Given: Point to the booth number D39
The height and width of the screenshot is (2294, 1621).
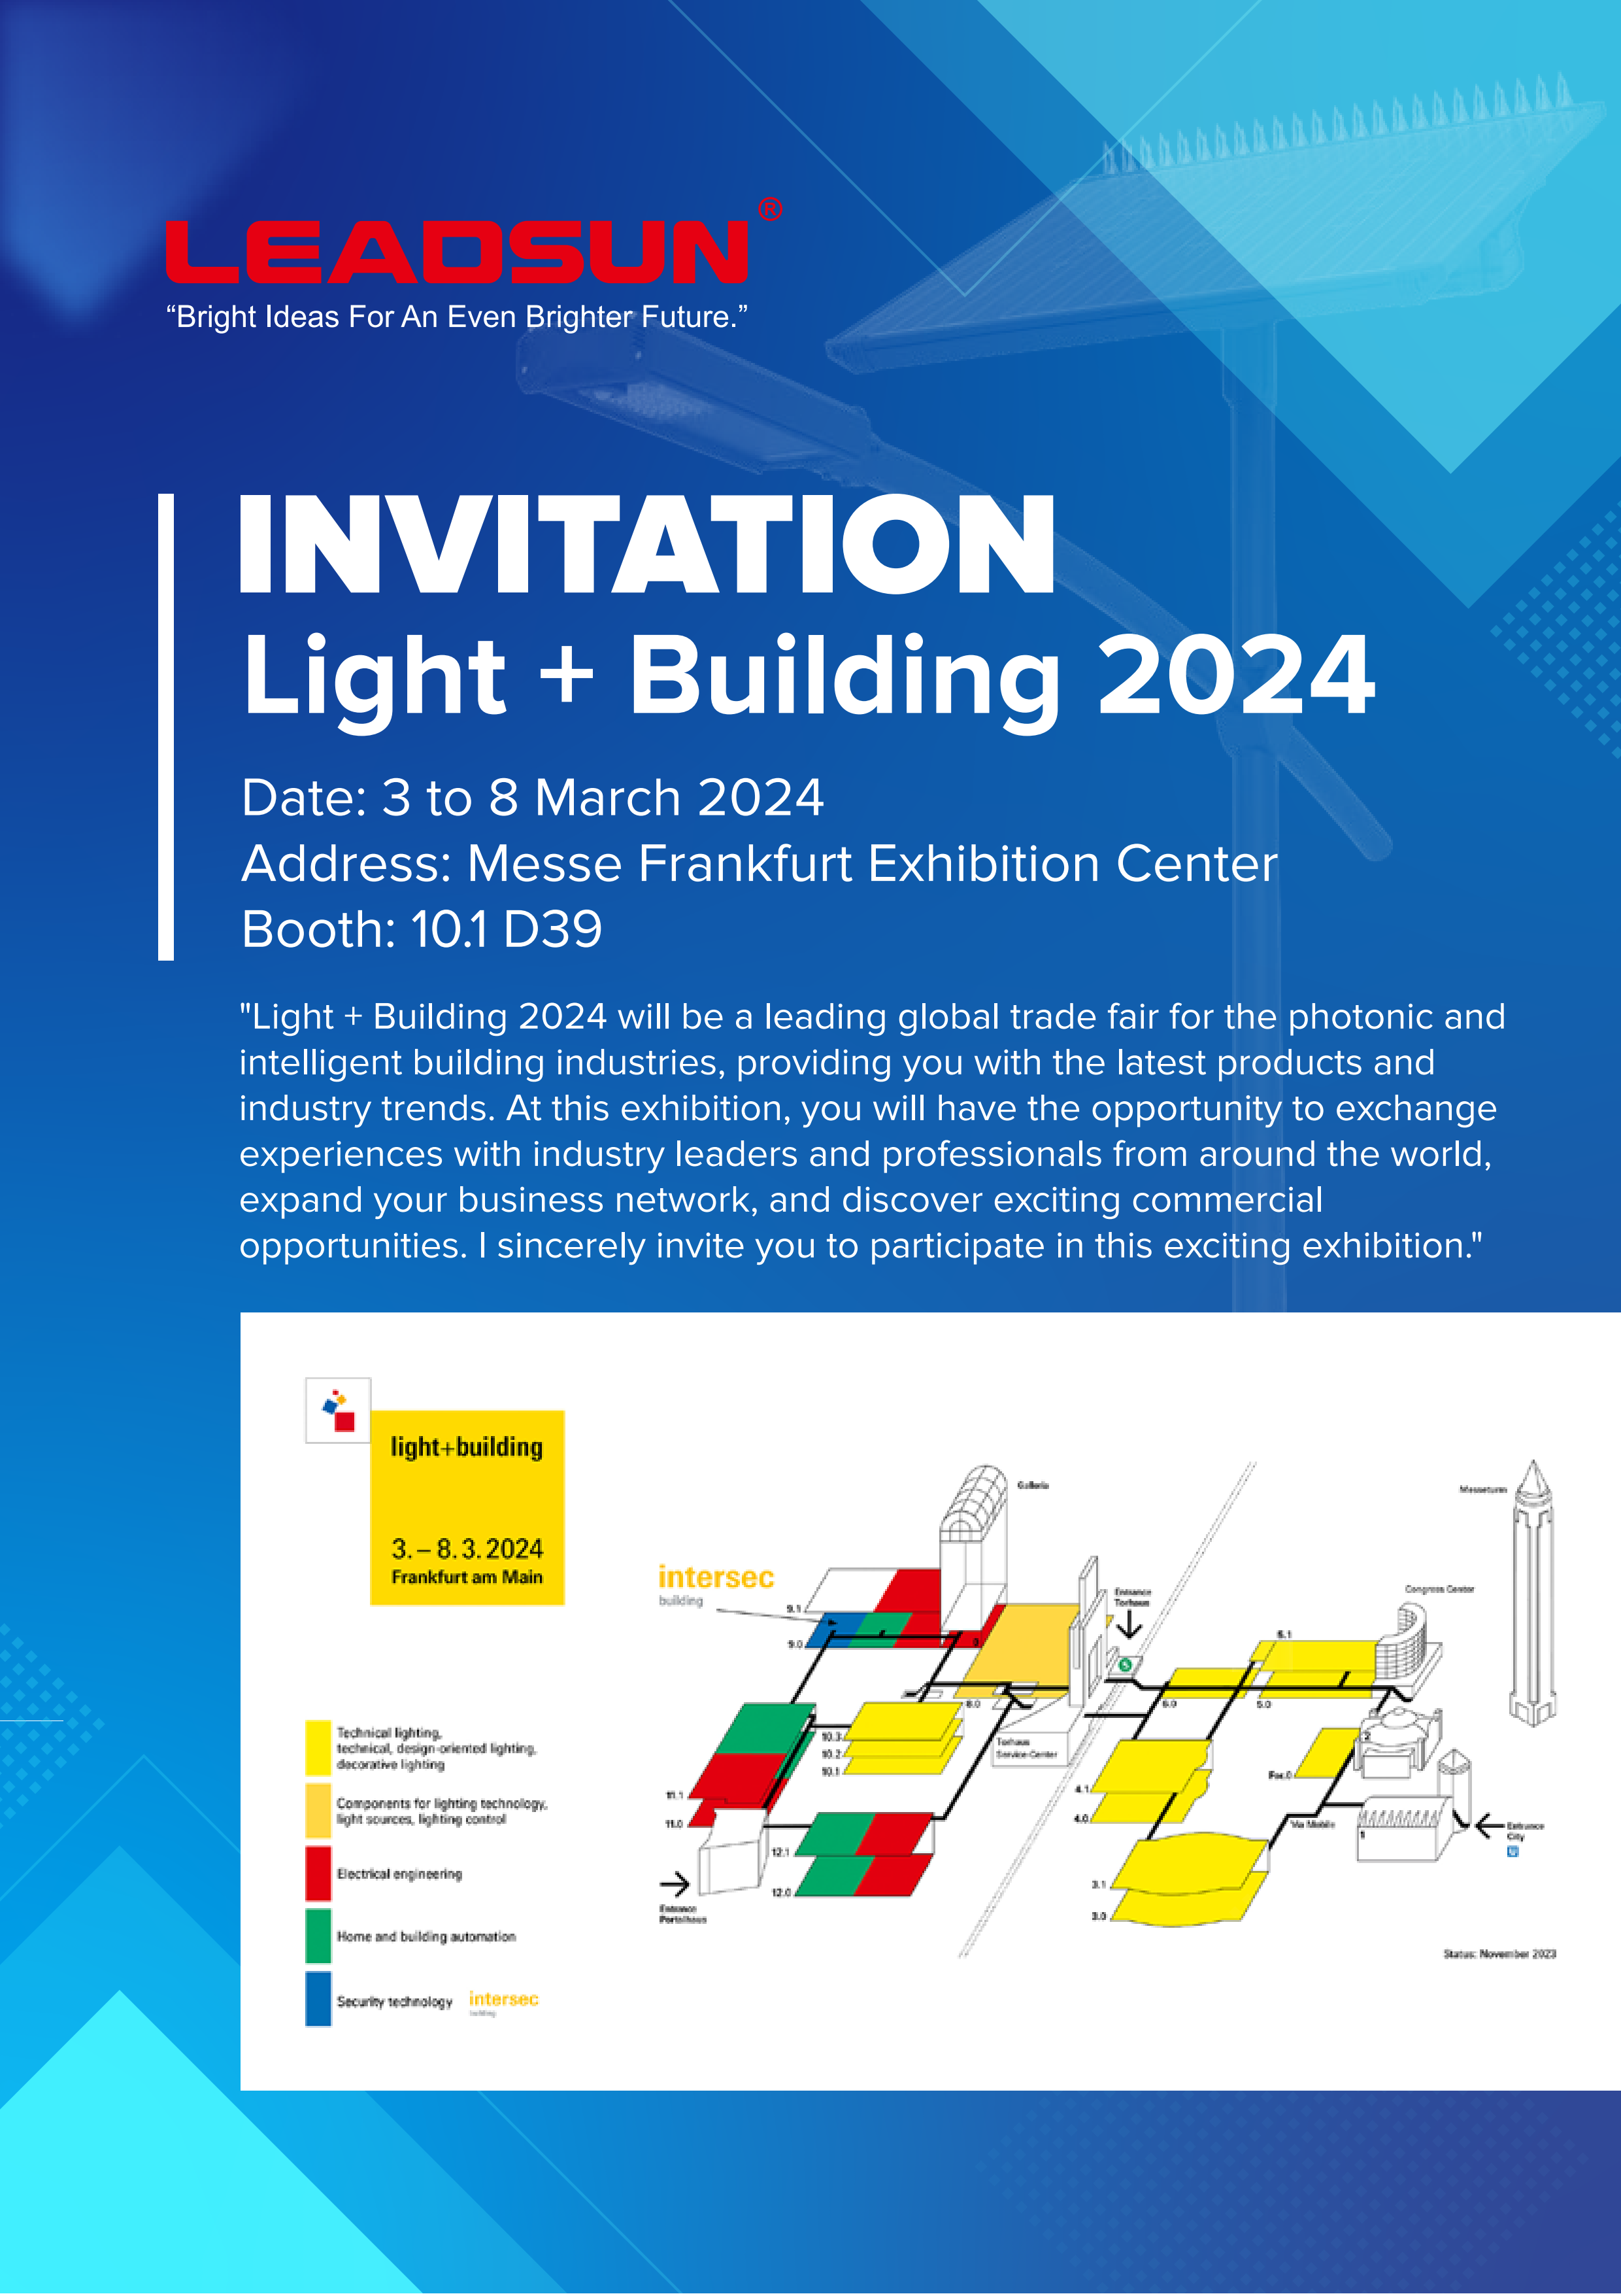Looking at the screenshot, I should pos(552,929).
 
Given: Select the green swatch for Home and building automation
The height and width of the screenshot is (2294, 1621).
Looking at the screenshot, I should pos(318,1935).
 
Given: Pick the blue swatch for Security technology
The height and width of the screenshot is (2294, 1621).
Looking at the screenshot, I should pos(318,1998).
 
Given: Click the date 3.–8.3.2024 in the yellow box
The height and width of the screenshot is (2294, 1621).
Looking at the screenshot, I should pos(467,1549).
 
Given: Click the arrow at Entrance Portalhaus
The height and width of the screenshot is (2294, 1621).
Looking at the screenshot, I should pos(675,1885).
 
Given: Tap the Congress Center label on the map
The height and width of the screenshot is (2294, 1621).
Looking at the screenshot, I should pos(1439,1588).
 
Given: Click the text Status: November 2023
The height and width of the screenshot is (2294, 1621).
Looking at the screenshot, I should pos(1499,1953).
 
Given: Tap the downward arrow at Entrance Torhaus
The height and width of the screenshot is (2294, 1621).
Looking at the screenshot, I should pos(1129,1626).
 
